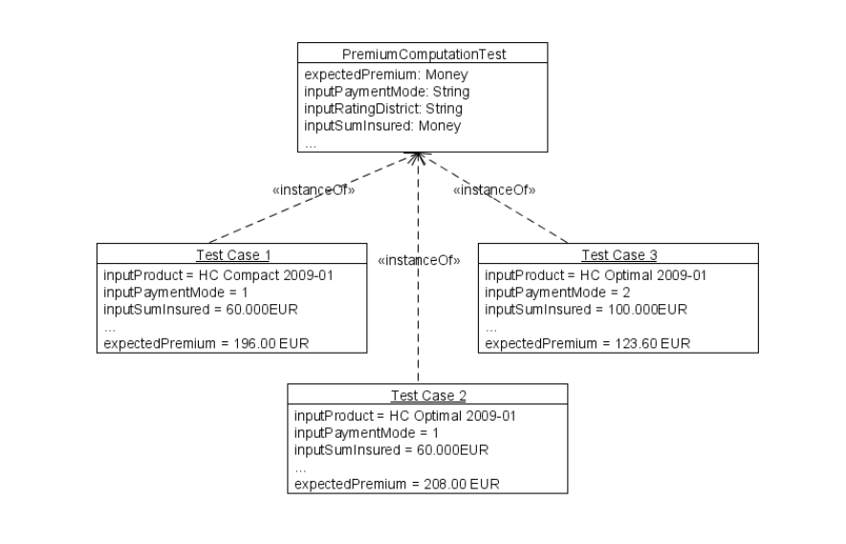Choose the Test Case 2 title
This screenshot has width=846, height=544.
pos(428,396)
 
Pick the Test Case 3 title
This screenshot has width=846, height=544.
pos(618,254)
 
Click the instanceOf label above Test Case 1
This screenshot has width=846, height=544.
pos(315,190)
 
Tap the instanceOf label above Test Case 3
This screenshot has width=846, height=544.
pos(493,190)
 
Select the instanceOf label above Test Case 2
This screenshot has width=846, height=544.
pos(420,259)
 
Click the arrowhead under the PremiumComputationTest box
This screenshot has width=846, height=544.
pos(419,156)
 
